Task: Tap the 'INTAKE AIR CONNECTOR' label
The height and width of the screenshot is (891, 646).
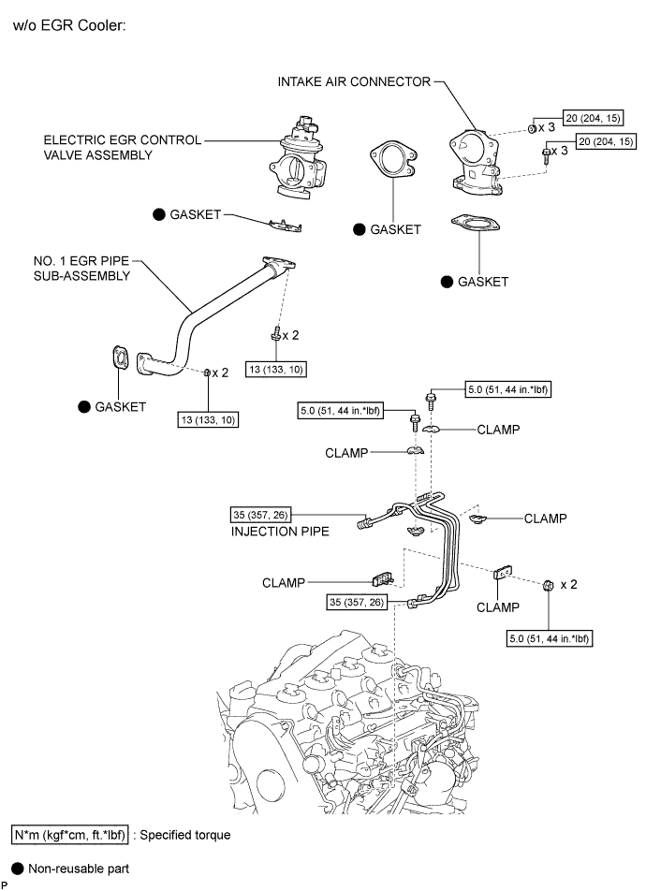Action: [354, 82]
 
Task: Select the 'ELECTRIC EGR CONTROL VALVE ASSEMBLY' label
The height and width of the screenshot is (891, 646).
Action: [123, 147]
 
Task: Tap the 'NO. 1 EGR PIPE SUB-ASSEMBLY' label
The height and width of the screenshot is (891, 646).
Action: [90, 270]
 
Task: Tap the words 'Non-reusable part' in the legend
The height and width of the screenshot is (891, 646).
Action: [79, 869]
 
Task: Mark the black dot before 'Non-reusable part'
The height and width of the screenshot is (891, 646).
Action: [17, 869]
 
